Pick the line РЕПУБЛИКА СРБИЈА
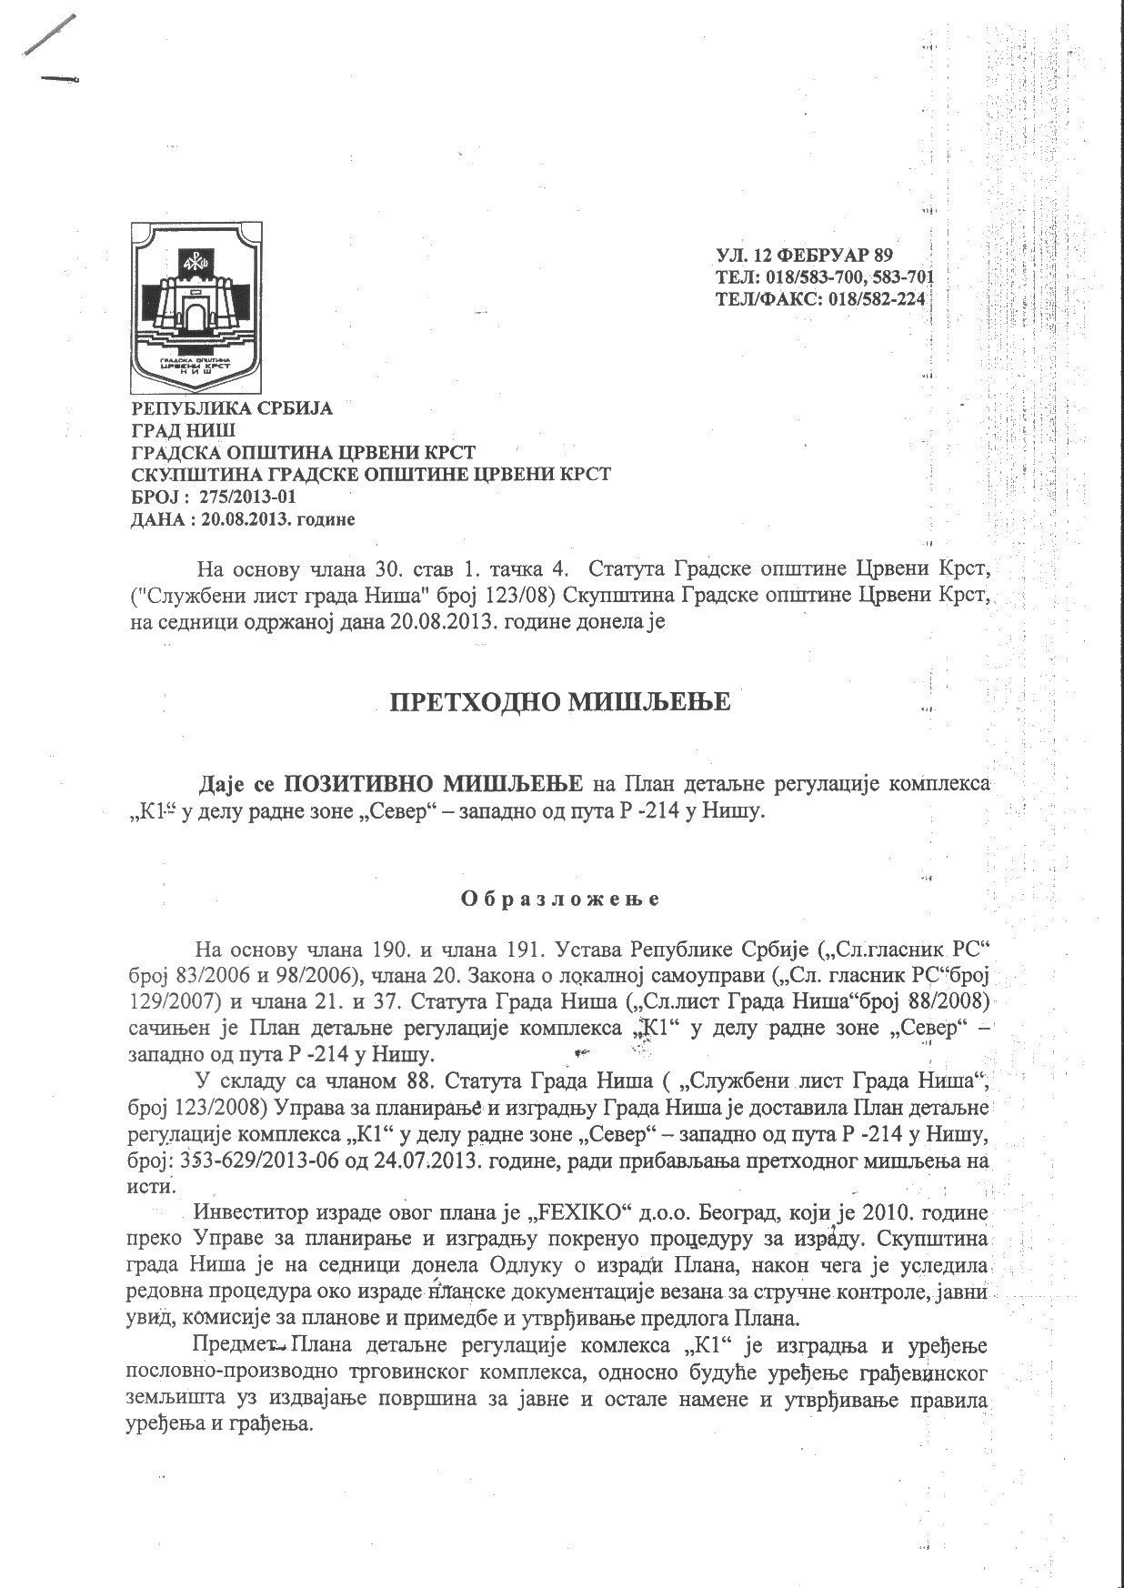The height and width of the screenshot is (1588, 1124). point(232,408)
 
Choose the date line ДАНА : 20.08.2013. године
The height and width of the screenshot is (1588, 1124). point(243,519)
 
